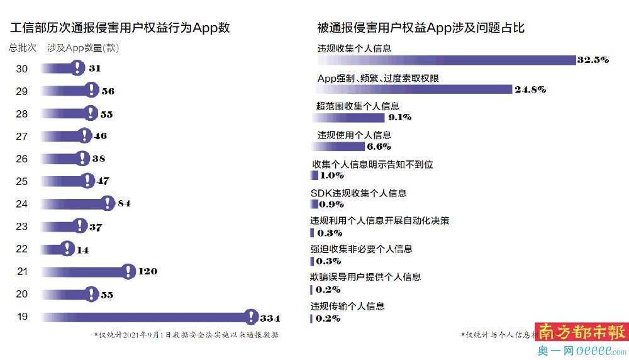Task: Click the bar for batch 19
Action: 145,317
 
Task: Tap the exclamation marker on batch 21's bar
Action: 128,271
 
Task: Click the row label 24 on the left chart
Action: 21,204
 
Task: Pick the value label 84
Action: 124,204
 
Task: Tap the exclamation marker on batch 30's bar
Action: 77,68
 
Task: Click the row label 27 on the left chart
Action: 21,136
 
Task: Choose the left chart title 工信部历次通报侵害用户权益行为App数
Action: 120,28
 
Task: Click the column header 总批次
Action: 23,48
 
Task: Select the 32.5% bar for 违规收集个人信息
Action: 447,60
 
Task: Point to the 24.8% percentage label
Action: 530,89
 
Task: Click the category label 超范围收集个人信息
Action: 357,106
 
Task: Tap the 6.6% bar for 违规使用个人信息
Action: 338,146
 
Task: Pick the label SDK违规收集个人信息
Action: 359,193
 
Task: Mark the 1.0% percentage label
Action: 332,176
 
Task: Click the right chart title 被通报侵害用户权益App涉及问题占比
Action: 421,28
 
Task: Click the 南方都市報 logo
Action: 581,332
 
